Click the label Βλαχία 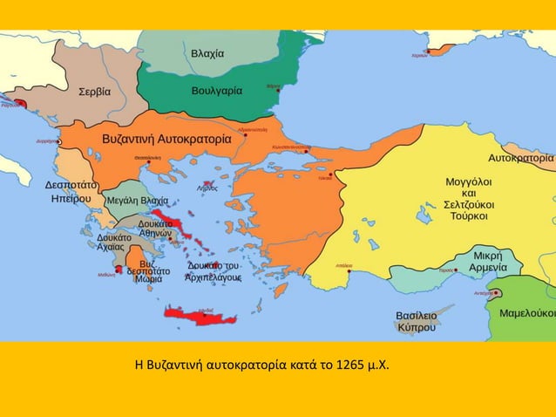click(207, 54)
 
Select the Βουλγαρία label click(217, 90)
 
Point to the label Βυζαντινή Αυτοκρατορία click(167, 139)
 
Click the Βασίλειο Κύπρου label click(416, 321)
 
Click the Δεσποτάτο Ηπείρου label click(71, 192)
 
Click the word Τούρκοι click(469, 215)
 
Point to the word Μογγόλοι click(469, 181)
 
